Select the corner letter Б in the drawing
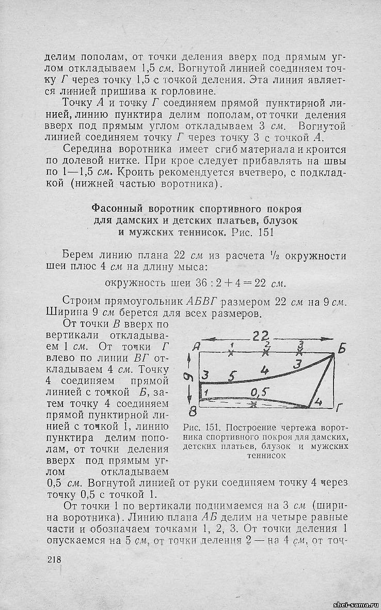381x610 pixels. coord(342,349)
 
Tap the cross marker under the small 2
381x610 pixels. coord(266,353)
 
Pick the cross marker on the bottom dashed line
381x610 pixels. coord(253,405)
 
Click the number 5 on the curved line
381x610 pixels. coord(232,376)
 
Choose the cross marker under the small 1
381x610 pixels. coord(232,353)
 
